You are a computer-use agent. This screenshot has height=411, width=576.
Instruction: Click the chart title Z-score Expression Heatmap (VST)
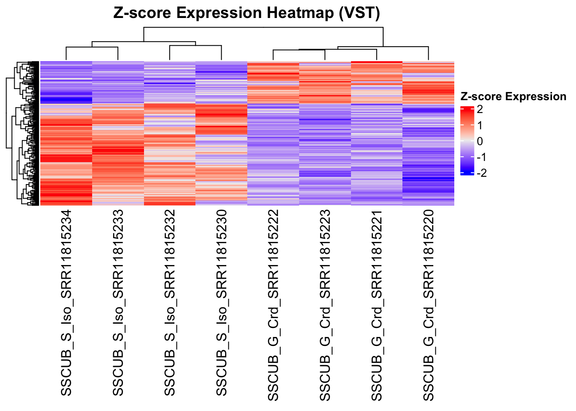[246, 13]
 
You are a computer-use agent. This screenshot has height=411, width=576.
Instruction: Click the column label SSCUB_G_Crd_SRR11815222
[273, 305]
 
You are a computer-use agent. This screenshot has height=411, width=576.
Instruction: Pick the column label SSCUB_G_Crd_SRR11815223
[325, 305]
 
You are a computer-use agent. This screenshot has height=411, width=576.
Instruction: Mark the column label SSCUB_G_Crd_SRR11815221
[376, 305]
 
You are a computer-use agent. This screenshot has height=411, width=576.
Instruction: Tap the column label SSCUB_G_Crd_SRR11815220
[428, 305]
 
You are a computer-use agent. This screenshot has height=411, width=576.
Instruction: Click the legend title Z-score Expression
[513, 97]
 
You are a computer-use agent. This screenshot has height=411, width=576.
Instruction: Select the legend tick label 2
[480, 109]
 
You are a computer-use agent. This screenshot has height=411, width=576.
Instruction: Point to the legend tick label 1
[480, 125]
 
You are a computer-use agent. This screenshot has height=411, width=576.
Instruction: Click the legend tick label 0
[480, 141]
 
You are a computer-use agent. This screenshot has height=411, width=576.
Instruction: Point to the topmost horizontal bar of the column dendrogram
[264, 27]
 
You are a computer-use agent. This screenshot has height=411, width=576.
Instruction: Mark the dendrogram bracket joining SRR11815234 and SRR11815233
[92, 47]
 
